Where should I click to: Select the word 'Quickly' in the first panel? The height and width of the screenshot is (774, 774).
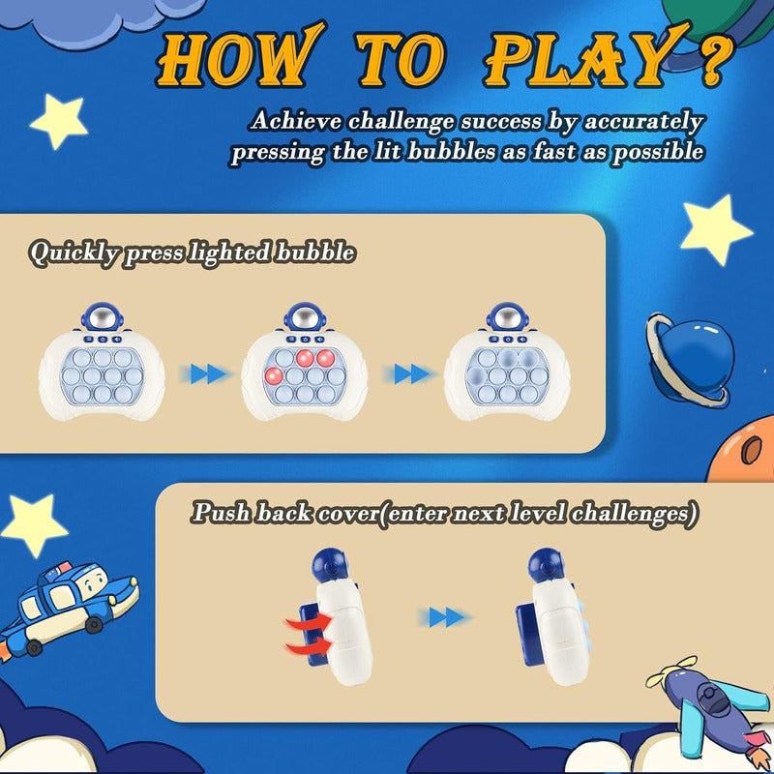pos(74,253)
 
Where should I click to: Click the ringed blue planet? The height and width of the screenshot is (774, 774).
pos(687,357)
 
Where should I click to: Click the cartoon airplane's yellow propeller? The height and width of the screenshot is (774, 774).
pos(672,671)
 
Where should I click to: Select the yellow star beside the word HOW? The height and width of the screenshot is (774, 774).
pos(59,121)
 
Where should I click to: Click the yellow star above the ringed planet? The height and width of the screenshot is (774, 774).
pos(715,229)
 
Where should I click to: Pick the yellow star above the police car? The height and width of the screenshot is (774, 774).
pos(33,524)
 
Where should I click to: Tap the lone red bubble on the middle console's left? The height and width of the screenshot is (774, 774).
pos(273,376)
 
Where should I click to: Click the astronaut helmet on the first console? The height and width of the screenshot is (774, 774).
pos(103,317)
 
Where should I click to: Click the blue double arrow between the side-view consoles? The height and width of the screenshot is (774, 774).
pos(444,617)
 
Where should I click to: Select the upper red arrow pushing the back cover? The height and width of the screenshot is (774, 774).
pos(310,621)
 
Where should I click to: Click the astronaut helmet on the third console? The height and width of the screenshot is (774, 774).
pos(507,317)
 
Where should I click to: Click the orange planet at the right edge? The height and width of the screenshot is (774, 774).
pos(743,450)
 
